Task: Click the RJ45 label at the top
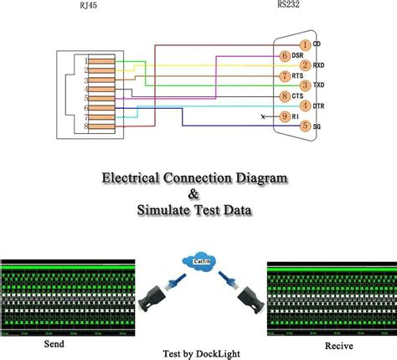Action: coord(88,7)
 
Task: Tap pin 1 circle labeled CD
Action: coord(306,44)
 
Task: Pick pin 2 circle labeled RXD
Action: coord(306,65)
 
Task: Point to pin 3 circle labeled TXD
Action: coord(306,85)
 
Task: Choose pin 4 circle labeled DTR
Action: coord(306,105)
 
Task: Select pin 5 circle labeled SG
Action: coord(306,126)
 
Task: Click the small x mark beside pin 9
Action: coord(266,116)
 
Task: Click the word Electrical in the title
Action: coord(132,178)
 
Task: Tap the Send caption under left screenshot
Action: coord(53,344)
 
